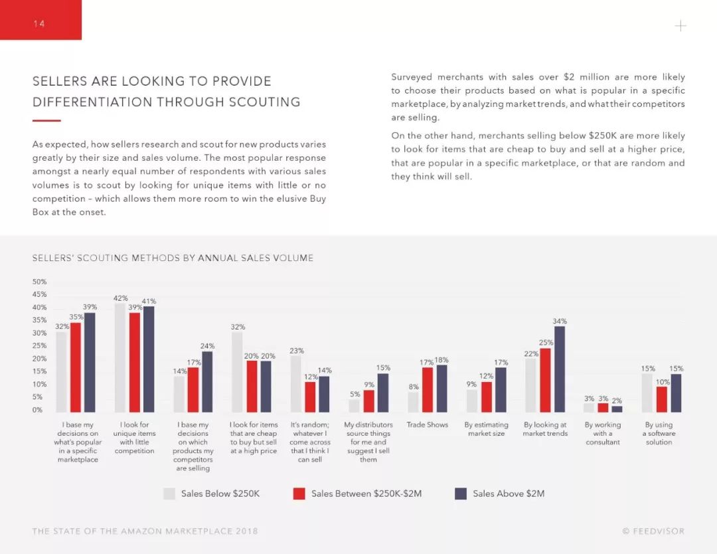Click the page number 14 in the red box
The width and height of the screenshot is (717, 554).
tap(39, 23)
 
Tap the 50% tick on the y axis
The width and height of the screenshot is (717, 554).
tap(39, 282)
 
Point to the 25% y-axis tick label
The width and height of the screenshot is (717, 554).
tap(39, 346)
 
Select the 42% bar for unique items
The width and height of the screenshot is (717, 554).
tap(120, 358)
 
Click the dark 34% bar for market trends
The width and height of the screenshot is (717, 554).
tap(560, 369)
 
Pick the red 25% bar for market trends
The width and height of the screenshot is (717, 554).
tap(545, 381)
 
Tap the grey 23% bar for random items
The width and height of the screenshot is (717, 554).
tap(296, 384)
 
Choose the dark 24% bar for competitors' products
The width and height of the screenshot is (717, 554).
tap(207, 382)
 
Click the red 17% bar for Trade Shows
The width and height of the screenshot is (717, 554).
tap(428, 390)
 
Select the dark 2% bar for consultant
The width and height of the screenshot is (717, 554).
tap(617, 409)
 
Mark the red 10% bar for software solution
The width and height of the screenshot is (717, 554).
tap(662, 400)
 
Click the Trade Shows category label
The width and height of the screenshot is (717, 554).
tap(427, 424)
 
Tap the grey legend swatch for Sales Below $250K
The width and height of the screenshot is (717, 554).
tap(169, 494)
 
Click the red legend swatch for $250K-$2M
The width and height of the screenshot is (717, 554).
tap(299, 494)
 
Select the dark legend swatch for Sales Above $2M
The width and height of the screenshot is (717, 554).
tap(461, 494)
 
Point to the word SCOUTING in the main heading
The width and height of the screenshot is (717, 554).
tap(265, 102)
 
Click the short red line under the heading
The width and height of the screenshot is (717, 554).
tap(46, 121)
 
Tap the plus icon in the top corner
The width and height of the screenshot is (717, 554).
tap(680, 26)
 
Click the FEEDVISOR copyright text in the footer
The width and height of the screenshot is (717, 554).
tap(654, 531)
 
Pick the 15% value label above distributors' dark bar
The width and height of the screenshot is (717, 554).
tap(383, 368)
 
